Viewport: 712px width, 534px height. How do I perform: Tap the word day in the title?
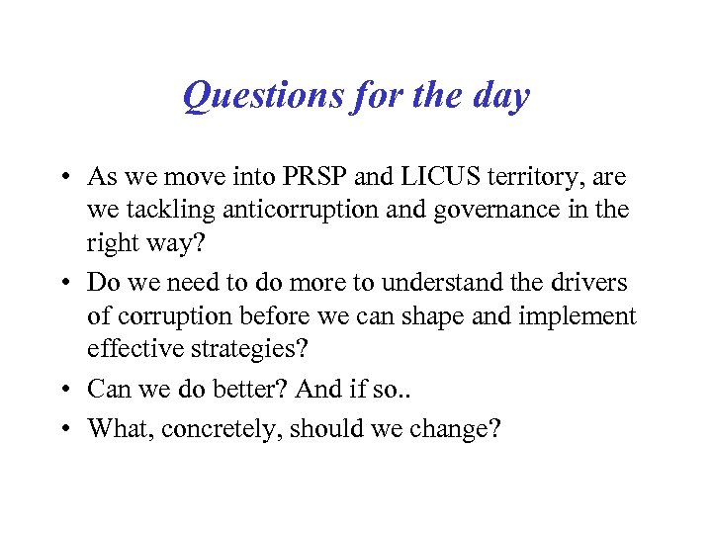point(502,97)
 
